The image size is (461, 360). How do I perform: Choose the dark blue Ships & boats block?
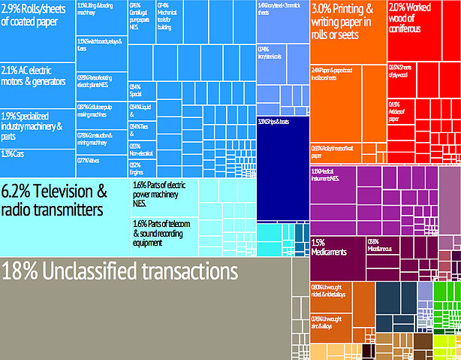click(283, 158)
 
